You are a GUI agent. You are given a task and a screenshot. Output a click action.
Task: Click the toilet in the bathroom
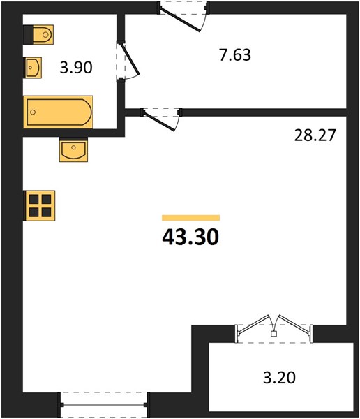38,34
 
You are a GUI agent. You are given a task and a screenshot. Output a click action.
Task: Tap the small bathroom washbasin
33,68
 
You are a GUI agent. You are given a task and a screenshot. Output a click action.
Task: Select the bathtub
58,112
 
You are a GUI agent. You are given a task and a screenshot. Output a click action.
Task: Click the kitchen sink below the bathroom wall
73,149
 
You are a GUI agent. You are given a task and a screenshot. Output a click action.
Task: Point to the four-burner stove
40,205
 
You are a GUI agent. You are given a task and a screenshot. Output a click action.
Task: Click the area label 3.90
76,67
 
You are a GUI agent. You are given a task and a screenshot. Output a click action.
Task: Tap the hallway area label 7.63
235,55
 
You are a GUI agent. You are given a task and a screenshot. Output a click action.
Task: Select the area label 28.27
315,135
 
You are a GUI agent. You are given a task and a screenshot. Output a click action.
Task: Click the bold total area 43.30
190,237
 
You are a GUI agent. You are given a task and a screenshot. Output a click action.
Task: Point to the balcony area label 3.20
279,378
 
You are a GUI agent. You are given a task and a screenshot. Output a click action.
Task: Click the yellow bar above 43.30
190,218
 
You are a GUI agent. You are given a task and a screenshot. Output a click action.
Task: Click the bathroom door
128,60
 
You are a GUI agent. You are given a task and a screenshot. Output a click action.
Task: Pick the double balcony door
273,329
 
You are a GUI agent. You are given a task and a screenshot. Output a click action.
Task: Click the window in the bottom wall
104,405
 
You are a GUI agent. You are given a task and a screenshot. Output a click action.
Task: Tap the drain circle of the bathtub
33,112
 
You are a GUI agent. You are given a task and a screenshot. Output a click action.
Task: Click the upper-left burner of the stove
34,199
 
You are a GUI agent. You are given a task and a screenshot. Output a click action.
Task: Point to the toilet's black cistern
29,34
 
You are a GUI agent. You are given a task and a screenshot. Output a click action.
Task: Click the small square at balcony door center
273,334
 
